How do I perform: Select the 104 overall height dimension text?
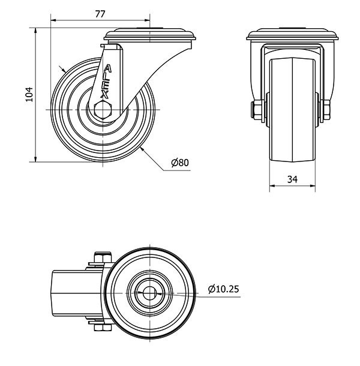click(x=26, y=94)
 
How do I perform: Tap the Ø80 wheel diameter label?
click(x=179, y=163)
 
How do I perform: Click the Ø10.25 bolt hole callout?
click(x=223, y=289)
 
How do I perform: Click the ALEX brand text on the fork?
click(x=106, y=82)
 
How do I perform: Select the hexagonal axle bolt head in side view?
click(x=103, y=109)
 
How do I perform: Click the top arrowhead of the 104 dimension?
click(x=35, y=30)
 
